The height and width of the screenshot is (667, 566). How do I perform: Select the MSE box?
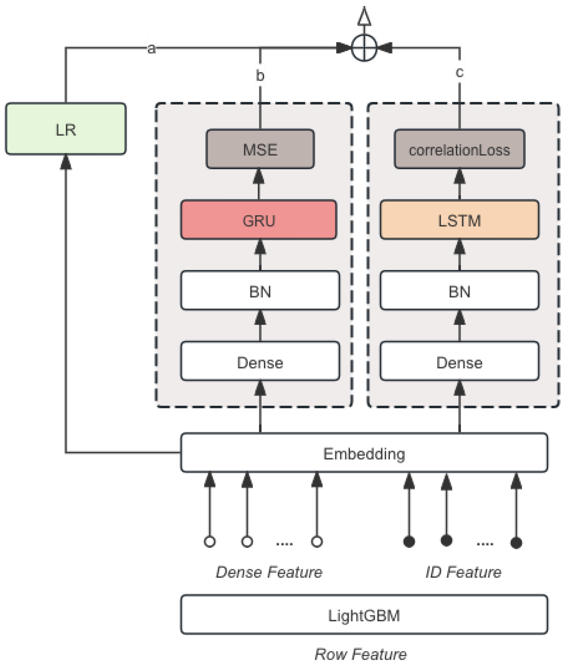(x=260, y=149)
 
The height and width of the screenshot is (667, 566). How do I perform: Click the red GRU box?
(x=259, y=220)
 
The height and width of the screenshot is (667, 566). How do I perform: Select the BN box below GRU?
(x=260, y=290)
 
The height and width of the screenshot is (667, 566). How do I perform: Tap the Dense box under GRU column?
(x=260, y=361)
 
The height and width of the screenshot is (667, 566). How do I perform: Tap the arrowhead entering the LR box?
(x=66, y=162)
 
